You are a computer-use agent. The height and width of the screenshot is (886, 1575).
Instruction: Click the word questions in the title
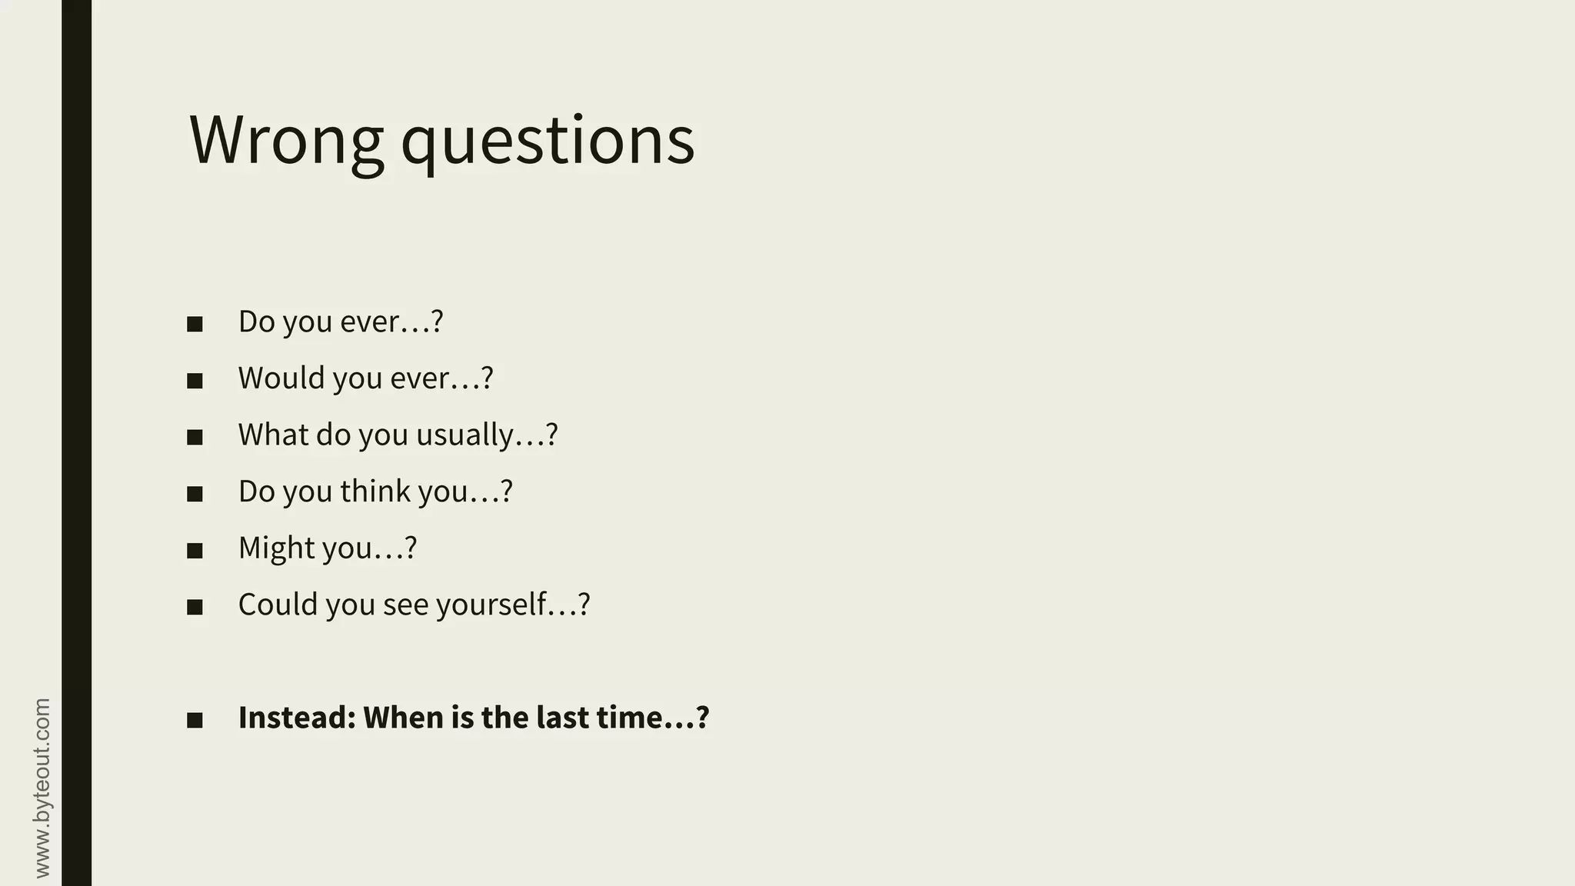(548, 142)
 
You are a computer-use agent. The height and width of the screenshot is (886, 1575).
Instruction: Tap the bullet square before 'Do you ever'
(195, 324)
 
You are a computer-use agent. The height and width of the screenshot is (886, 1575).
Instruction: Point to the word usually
(465, 436)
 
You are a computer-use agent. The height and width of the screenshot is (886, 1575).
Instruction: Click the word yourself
(491, 605)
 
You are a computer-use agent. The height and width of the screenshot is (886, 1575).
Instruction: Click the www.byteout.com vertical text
(42, 788)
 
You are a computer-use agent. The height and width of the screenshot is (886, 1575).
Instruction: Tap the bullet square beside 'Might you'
(195, 551)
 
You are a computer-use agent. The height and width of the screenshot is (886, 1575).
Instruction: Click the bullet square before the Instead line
(195, 721)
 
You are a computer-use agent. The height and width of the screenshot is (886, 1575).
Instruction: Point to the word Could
(278, 605)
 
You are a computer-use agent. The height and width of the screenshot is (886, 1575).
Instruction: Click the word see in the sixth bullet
(405, 605)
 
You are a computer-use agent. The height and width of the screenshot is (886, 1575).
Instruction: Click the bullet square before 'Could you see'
(195, 608)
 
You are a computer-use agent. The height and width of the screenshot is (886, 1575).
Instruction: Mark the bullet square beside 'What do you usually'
(195, 438)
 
